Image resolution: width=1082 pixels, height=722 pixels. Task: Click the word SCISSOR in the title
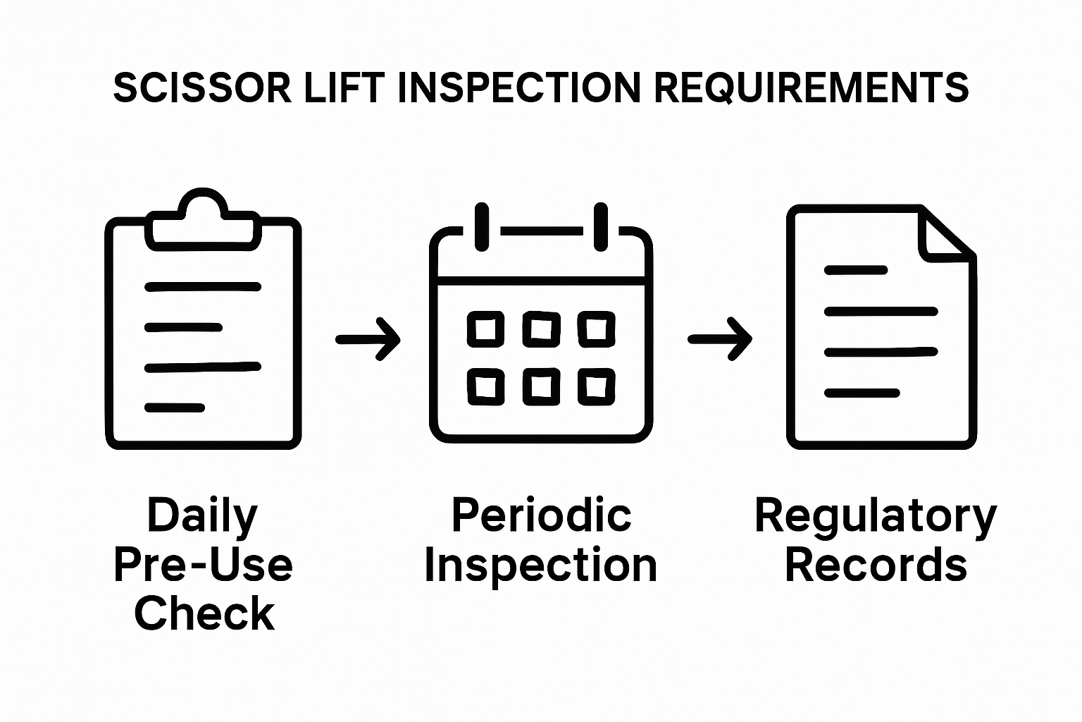pos(201,88)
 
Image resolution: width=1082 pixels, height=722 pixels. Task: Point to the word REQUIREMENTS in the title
pos(811,88)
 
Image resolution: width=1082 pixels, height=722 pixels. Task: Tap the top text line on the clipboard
pos(203,286)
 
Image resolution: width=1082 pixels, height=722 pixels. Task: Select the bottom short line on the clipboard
pos(175,408)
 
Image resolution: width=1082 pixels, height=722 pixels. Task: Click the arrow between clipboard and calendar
pos(368,339)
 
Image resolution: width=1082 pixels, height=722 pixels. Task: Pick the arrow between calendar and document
pos(720,339)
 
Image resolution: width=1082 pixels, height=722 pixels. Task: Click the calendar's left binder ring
pos(482,227)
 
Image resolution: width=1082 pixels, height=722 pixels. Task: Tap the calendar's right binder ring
pos(600,227)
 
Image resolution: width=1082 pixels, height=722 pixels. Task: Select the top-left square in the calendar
pos(486,329)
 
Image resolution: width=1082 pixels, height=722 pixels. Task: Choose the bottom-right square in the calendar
pos(597,387)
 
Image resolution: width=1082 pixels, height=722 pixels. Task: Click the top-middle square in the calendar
pos(541,329)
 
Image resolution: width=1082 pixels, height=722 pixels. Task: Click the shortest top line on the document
pos(856,269)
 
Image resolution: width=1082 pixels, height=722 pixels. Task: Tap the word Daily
pos(202,516)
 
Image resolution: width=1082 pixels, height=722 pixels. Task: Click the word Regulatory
pos(876,516)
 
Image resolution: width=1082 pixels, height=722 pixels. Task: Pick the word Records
pos(876,565)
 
